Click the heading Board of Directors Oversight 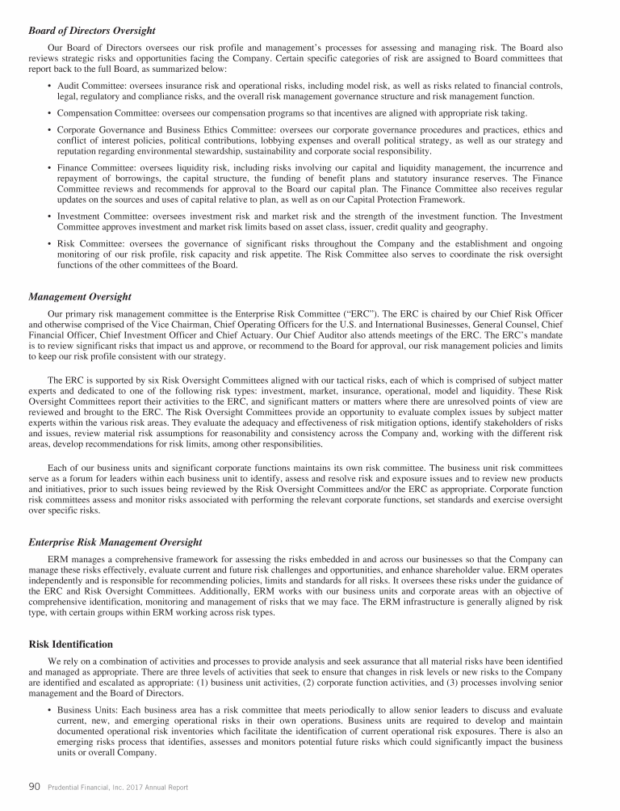pyautogui.click(x=92, y=31)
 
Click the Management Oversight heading pyautogui.click(x=79, y=296)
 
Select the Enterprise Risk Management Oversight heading pyautogui.click(x=115, y=542)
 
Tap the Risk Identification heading pyautogui.click(x=70, y=645)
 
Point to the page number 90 pyautogui.click(x=35, y=786)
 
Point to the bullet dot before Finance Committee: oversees pyautogui.click(x=50, y=168)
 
